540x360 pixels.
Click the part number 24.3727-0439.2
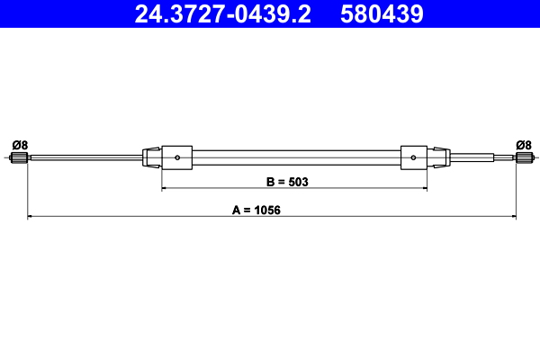[221, 14]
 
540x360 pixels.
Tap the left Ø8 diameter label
[20, 144]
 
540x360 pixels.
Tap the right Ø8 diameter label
[523, 144]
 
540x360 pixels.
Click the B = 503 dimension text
[287, 182]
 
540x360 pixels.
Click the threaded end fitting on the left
[20, 159]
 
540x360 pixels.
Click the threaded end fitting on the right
[522, 159]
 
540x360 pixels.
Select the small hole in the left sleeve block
[178, 158]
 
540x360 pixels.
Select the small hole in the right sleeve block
[412, 158]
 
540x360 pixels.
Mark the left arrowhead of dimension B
[165, 189]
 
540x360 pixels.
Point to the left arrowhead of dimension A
[31, 216]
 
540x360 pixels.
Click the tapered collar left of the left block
[153, 157]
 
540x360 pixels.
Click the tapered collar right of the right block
[437, 157]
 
